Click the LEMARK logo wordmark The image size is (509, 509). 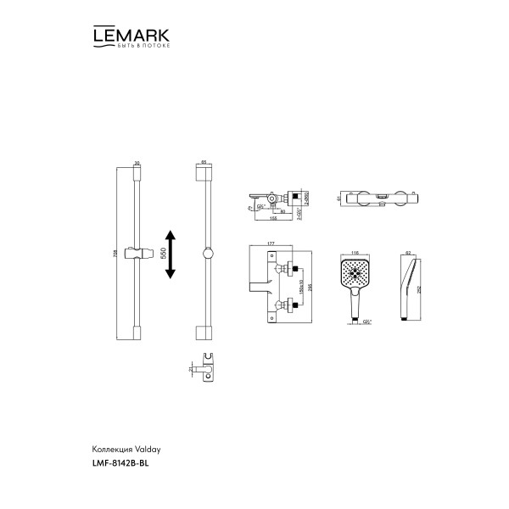coord(130,36)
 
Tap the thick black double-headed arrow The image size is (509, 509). coord(171,253)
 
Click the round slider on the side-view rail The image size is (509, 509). coord(204,253)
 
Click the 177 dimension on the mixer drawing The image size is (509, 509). coord(271,243)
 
